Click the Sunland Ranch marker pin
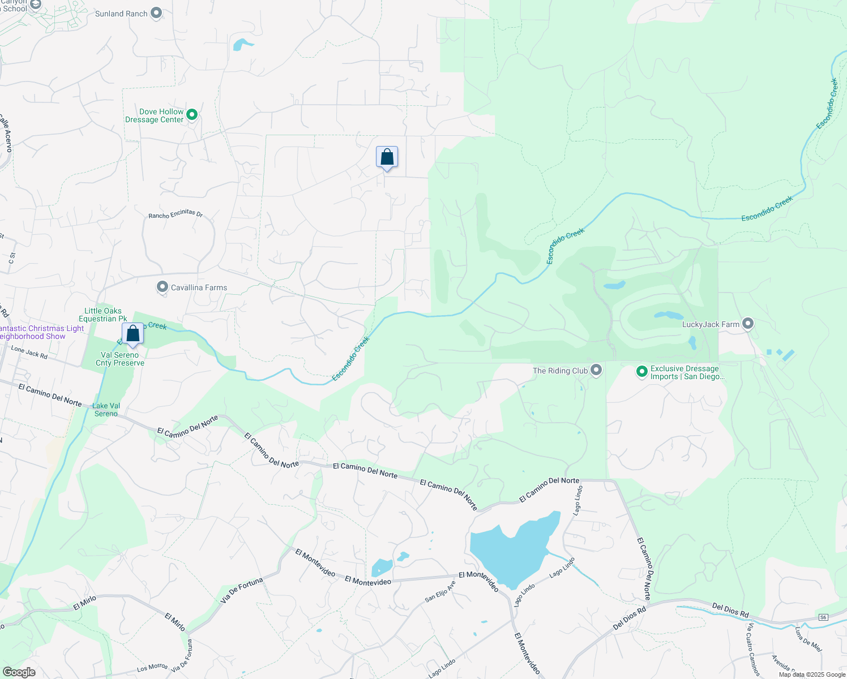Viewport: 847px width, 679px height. click(x=157, y=13)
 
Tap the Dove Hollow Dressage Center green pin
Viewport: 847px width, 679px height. click(x=192, y=115)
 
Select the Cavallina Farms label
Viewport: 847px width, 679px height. click(x=199, y=288)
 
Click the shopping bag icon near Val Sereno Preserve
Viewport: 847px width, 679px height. click(x=133, y=334)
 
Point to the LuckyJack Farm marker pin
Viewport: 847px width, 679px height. click(x=748, y=324)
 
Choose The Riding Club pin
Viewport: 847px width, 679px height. click(x=596, y=370)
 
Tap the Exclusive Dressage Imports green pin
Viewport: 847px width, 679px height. click(x=641, y=372)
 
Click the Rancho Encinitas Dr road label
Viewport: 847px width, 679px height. click(x=176, y=214)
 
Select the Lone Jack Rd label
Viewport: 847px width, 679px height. click(x=29, y=353)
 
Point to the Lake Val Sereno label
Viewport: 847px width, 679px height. click(x=106, y=410)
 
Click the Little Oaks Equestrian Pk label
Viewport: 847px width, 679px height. click(x=102, y=315)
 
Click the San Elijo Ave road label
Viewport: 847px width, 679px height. click(x=440, y=592)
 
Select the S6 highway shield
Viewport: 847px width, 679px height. click(x=823, y=617)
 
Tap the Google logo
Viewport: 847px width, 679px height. click(x=19, y=672)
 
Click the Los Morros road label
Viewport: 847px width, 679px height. click(x=152, y=668)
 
